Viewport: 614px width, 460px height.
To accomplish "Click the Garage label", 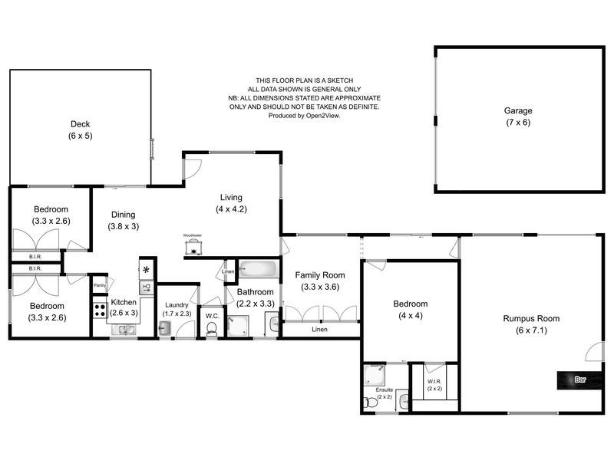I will tap(518, 110).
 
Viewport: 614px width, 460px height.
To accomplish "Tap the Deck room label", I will tap(80, 123).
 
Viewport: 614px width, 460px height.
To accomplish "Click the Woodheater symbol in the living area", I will tap(193, 245).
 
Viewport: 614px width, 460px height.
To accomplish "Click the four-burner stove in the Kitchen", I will tap(100, 310).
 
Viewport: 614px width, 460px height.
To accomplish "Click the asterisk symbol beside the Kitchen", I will tap(146, 269).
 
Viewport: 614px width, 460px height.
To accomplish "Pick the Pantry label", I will tap(99, 286).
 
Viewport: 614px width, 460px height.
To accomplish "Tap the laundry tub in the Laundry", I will tap(164, 328).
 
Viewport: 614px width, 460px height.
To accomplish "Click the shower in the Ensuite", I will tap(376, 375).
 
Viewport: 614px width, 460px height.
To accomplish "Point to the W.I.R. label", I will tap(434, 381).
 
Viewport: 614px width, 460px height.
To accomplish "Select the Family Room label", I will tap(320, 275).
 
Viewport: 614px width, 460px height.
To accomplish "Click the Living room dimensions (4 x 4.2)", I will tap(230, 209).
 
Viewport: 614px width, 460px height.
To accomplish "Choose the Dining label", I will tap(123, 215).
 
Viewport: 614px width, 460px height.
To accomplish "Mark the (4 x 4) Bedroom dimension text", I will tap(411, 315).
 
